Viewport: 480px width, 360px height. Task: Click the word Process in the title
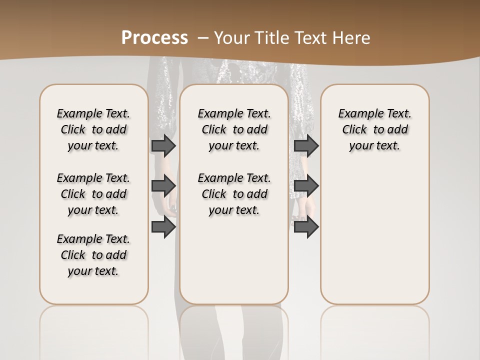(x=154, y=37)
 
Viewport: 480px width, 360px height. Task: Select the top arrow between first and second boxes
(x=163, y=145)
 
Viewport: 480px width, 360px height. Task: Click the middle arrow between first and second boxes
(x=163, y=186)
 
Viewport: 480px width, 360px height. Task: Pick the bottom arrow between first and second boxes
(x=163, y=227)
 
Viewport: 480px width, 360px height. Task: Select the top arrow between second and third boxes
(x=306, y=145)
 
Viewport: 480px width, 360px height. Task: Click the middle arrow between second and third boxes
(x=306, y=186)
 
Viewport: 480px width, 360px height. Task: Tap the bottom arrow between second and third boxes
(x=306, y=227)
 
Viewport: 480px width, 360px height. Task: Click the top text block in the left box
(x=93, y=129)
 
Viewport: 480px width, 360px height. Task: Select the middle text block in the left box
(x=93, y=194)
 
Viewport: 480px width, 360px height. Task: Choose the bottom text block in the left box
(x=93, y=255)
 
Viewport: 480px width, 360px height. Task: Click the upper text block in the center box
(x=234, y=129)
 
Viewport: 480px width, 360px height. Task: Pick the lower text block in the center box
(x=234, y=194)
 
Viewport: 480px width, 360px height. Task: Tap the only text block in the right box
(x=374, y=129)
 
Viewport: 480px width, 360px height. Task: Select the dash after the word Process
(x=202, y=37)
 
